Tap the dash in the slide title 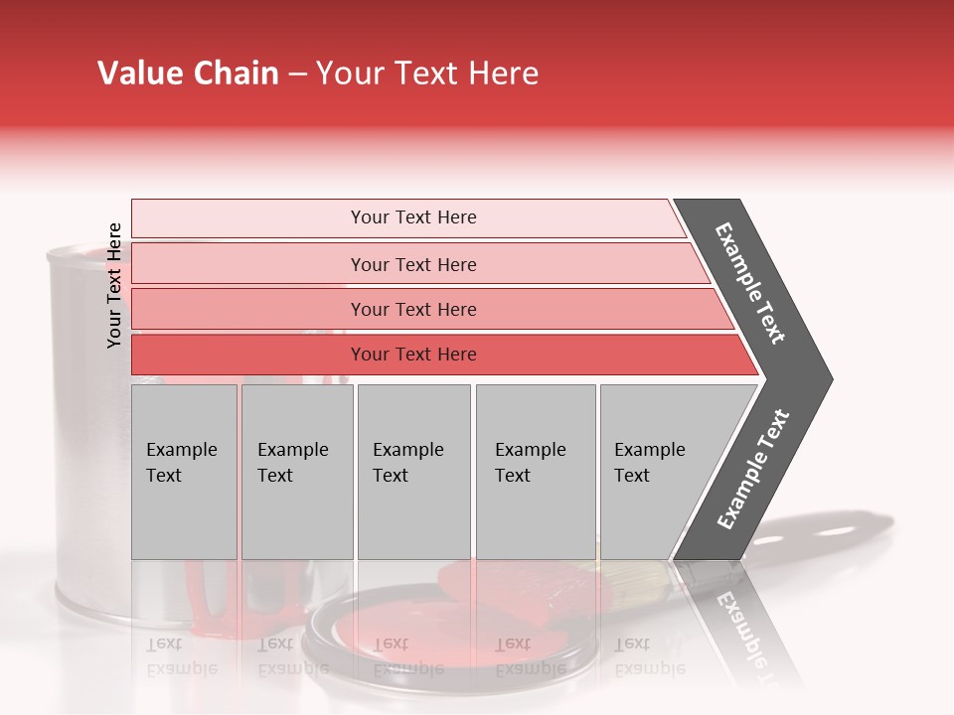(297, 74)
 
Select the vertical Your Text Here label (114, 285)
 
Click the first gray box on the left (184, 472)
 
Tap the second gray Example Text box (297, 472)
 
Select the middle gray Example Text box (413, 472)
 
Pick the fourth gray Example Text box (536, 472)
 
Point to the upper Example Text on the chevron (750, 283)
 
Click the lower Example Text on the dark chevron (753, 470)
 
